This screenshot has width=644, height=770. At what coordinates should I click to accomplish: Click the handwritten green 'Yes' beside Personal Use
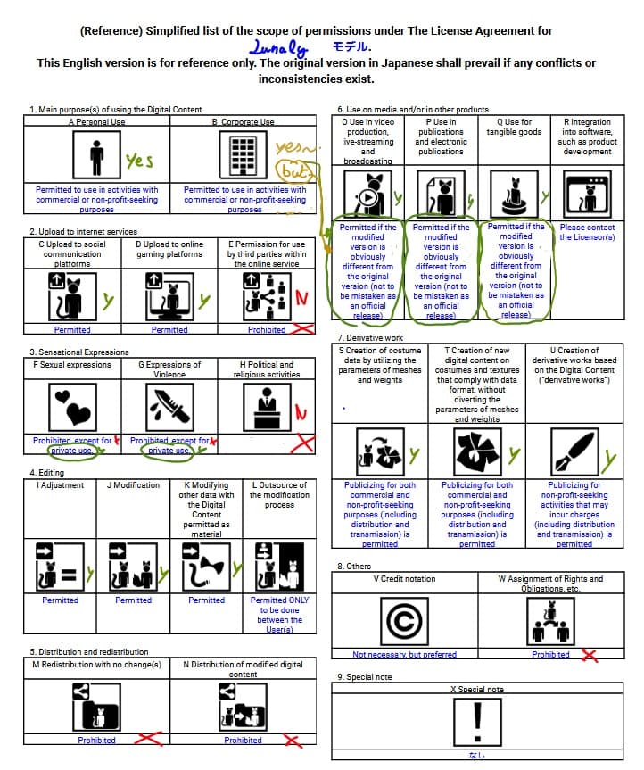tap(139, 161)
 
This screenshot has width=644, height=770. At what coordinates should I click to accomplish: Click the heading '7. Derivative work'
tap(371, 338)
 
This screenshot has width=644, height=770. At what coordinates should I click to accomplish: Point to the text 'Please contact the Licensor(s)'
tap(587, 232)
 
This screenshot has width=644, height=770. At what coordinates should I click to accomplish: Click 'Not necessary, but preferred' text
tap(405, 655)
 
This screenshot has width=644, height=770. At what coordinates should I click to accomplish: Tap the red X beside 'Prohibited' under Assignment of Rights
tap(589, 656)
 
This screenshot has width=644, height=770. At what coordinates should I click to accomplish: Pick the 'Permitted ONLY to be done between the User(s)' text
tap(279, 615)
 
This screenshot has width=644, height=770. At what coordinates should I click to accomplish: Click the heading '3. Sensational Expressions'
tap(78, 352)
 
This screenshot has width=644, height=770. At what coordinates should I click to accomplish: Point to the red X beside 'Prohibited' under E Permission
tap(303, 329)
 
